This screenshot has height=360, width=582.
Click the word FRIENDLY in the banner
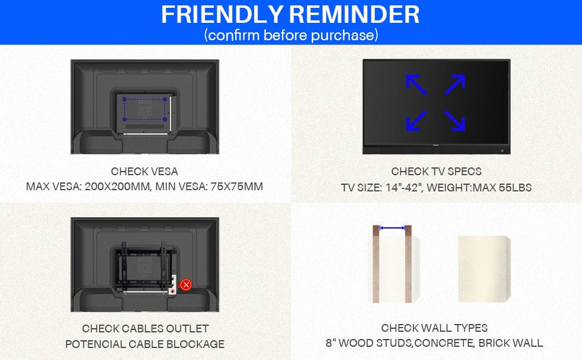point(222,14)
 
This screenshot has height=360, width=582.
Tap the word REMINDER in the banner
point(354,14)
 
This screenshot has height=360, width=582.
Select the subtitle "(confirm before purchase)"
point(291,35)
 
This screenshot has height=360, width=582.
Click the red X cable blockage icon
point(186,284)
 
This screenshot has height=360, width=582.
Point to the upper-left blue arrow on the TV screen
point(416,85)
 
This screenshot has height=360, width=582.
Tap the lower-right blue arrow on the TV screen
point(455,121)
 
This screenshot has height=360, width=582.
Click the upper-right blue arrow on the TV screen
point(455,85)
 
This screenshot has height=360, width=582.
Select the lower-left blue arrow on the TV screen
point(416,121)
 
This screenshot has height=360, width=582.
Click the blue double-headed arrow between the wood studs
point(392,228)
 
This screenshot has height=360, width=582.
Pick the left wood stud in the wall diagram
point(376,263)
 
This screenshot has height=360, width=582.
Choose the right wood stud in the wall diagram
point(408,263)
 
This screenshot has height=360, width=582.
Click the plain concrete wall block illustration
point(484,269)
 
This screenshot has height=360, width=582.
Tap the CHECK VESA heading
point(145,172)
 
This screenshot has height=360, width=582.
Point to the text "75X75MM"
point(237,187)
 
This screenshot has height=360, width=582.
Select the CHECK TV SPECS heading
point(436,172)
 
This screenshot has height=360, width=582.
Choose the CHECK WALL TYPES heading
point(434,328)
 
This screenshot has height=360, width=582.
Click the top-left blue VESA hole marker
point(124,100)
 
